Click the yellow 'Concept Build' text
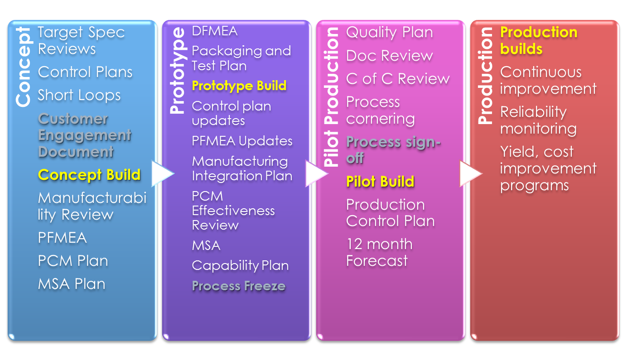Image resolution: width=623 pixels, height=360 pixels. (89, 175)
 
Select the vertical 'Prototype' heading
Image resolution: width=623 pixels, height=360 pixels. (177, 70)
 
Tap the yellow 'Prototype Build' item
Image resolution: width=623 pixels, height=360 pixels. (239, 86)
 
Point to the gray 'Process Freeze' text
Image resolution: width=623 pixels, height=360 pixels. (239, 286)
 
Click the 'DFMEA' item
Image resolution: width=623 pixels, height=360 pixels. (214, 31)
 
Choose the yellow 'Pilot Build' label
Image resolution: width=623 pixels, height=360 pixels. (380, 182)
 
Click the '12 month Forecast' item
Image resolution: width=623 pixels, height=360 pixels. (379, 252)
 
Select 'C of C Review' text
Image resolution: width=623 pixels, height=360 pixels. (397, 79)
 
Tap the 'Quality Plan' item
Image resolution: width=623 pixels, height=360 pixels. (389, 32)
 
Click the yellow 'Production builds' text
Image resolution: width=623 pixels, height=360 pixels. (538, 40)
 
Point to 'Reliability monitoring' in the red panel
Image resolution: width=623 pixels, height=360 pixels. (538, 120)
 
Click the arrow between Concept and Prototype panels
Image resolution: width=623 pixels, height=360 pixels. (162, 173)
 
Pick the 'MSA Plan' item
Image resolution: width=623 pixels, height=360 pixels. (72, 284)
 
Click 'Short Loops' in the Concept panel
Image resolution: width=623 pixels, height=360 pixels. (79, 95)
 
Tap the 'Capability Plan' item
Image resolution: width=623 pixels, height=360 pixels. (240, 265)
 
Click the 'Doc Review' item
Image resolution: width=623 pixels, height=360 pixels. (389, 56)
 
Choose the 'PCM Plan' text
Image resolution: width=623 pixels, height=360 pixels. (73, 261)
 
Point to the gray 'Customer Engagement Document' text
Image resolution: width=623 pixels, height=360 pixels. (85, 135)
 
